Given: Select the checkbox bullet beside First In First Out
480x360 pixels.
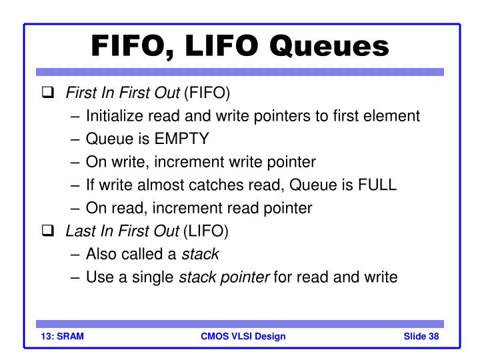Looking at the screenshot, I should click(x=48, y=93).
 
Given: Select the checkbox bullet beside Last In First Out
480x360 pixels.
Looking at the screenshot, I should click(x=48, y=231).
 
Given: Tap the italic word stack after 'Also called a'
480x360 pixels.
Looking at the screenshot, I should click(x=201, y=254).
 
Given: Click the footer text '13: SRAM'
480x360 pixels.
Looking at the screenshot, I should click(x=59, y=336).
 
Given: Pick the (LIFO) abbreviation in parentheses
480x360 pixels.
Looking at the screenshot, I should click(x=206, y=231).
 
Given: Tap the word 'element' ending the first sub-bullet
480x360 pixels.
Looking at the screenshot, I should click(x=393, y=116).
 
